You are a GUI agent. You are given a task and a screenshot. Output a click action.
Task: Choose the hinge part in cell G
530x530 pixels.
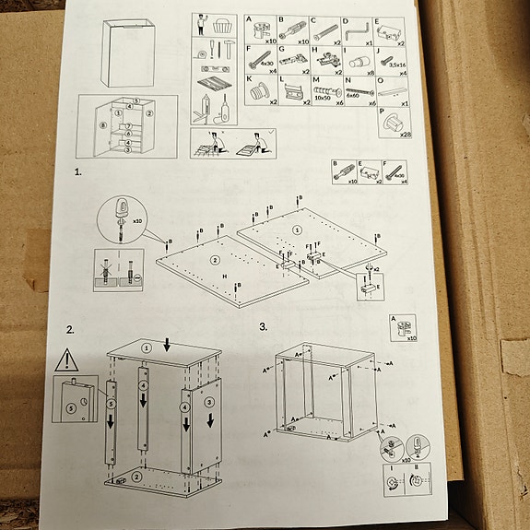pyautogui.click(x=293, y=63)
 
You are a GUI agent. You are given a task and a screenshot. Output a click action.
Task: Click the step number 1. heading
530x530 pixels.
pyautogui.click(x=79, y=171)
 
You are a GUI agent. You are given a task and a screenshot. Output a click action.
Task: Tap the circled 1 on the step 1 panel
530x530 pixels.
pyautogui.click(x=297, y=229)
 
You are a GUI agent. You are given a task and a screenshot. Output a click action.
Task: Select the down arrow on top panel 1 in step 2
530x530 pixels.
pyautogui.click(x=167, y=345)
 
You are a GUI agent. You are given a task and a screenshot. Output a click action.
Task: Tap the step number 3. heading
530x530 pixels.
pyautogui.click(x=264, y=325)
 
